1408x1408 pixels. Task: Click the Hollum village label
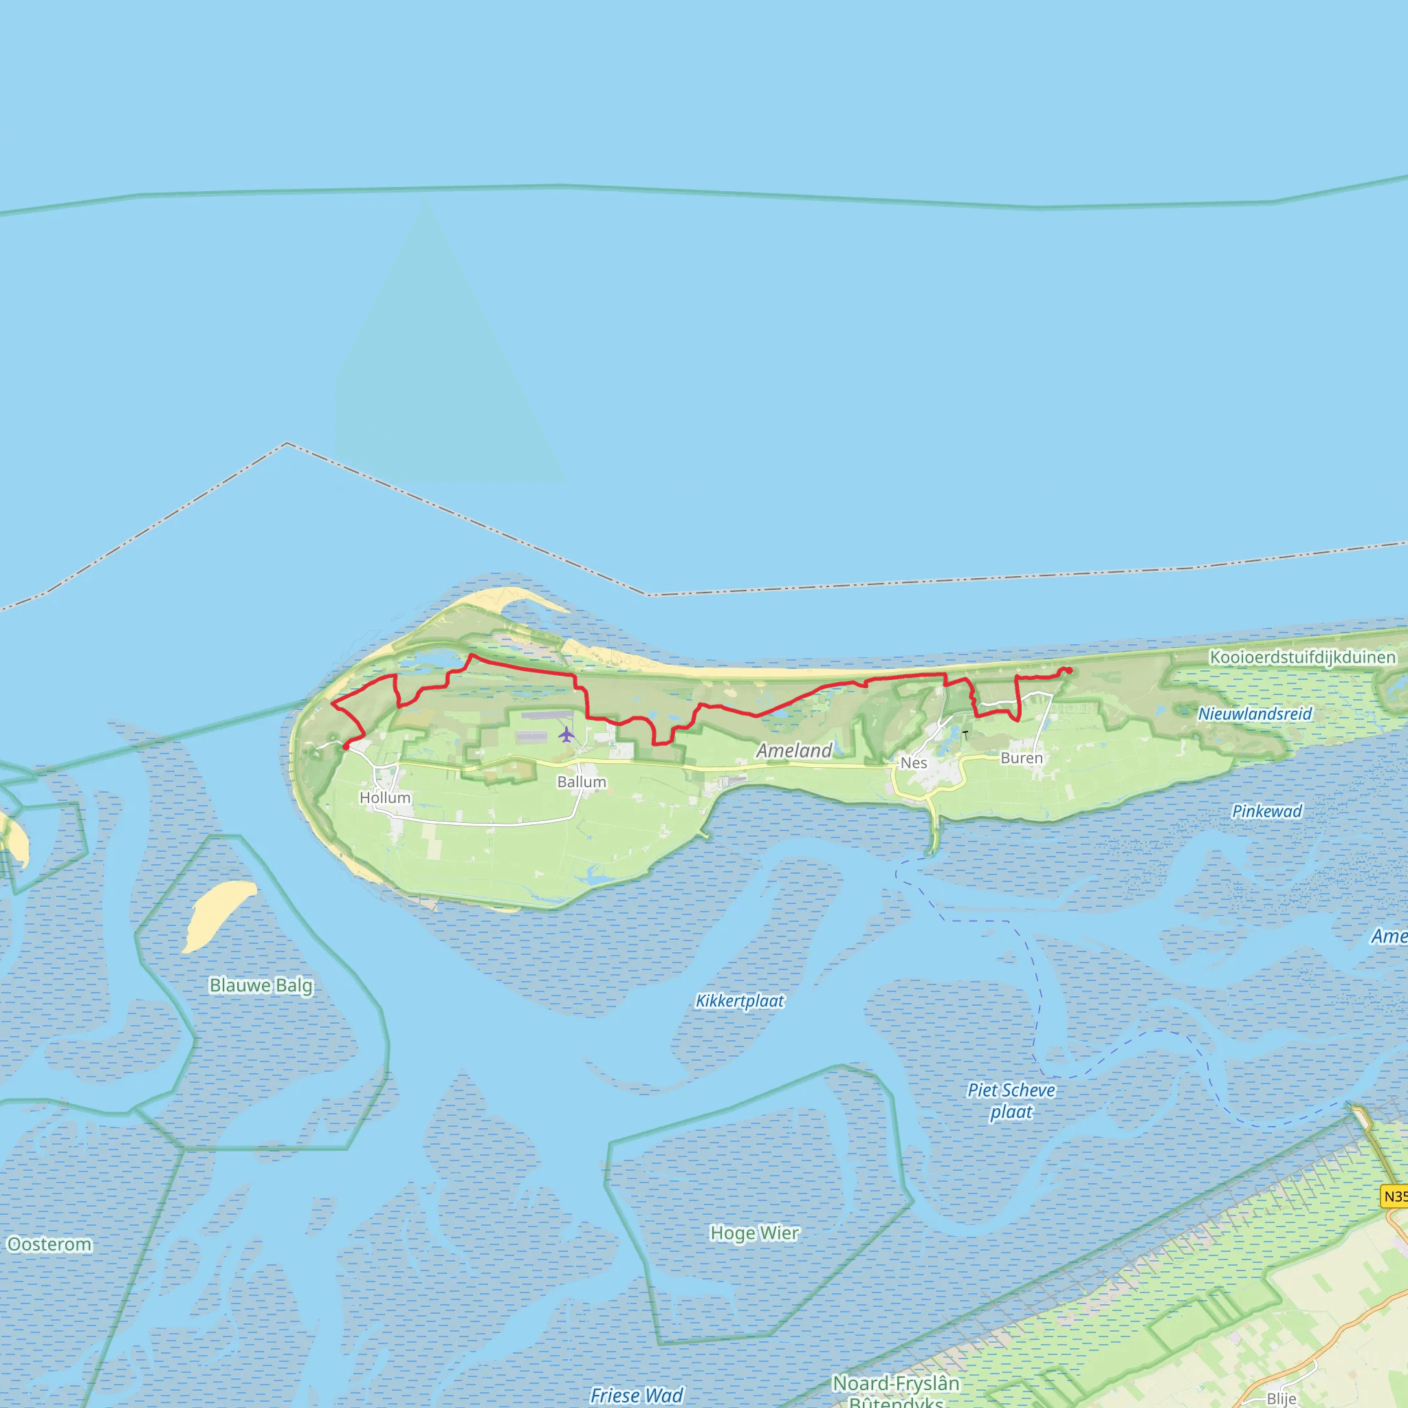385,798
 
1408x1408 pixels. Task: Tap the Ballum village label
582,782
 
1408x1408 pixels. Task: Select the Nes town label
913,763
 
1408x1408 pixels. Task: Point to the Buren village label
1021,758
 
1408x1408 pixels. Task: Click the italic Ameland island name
793,751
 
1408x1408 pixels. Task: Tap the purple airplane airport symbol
566,734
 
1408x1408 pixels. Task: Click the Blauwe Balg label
261,985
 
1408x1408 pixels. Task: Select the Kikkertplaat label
739,1001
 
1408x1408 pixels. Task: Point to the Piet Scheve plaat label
1011,1101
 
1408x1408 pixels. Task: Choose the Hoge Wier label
754,1233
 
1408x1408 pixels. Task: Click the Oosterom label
49,1244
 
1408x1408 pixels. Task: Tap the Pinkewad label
1266,812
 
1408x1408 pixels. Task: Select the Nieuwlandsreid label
1254,714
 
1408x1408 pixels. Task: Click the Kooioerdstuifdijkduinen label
1302,657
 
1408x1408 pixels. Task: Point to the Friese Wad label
636,1395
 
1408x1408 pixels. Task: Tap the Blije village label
1281,1398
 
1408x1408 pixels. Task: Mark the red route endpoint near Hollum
345,746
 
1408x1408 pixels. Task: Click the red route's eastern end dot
1068,670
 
